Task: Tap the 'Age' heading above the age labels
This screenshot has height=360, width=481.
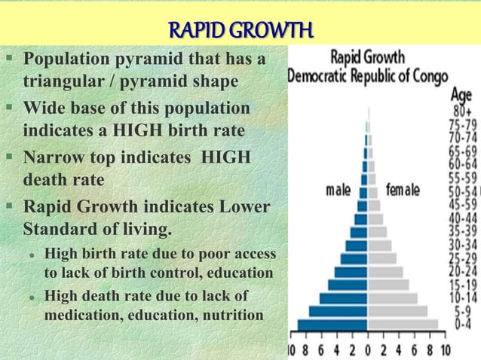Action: click(461, 95)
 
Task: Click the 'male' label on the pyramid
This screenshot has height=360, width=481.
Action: click(342, 191)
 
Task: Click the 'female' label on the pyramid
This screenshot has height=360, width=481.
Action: click(402, 191)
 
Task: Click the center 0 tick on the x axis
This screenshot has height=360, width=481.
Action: click(367, 350)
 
